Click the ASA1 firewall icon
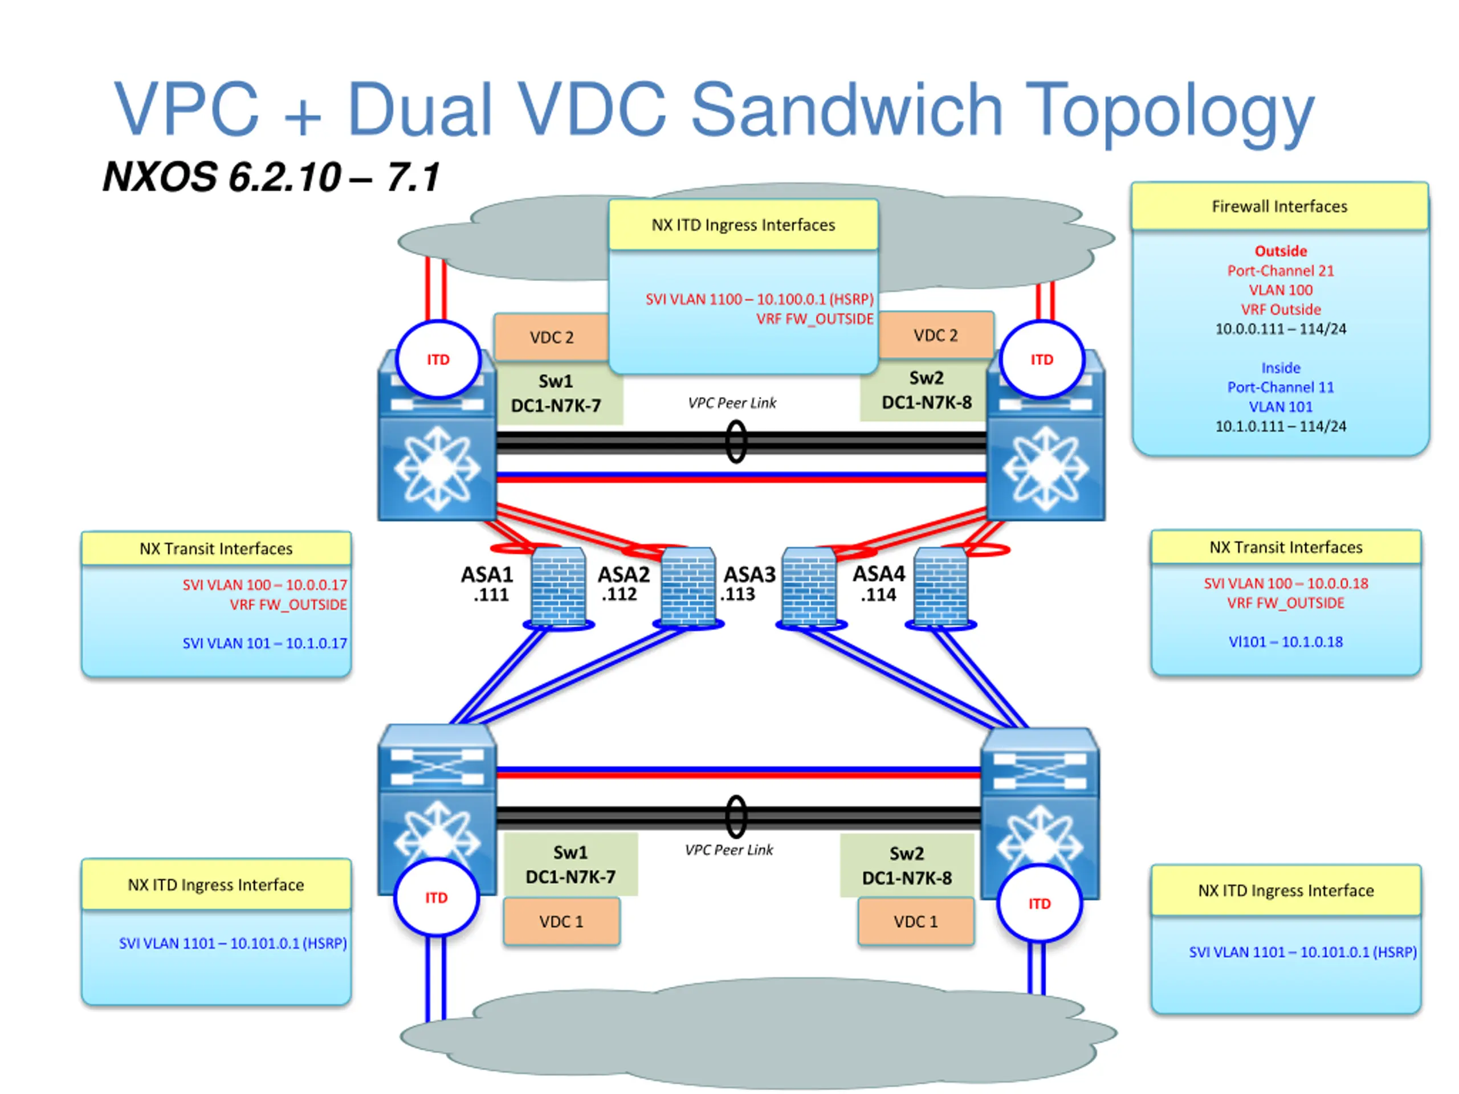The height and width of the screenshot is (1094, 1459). tap(558, 586)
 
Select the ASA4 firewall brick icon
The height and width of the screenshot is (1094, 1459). tap(942, 586)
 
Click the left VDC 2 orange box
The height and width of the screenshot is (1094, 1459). tap(552, 337)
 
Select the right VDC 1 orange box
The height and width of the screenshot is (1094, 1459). tap(915, 921)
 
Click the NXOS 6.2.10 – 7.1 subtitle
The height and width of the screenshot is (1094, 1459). tap(271, 177)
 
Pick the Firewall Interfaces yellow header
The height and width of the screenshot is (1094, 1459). tap(1279, 206)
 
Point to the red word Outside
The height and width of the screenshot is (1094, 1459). tap(1280, 251)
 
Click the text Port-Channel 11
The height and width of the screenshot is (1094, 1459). tap(1280, 387)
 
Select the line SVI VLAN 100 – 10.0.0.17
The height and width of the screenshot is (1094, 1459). tap(264, 585)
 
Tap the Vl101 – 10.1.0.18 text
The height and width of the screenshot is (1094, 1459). tap(1286, 642)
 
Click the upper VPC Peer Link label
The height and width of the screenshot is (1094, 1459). tap(732, 403)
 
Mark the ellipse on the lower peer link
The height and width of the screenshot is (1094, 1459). tap(736, 817)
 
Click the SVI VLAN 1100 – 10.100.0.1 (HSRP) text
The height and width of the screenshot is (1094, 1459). tap(759, 299)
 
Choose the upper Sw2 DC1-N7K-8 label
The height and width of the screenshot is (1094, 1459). tap(926, 390)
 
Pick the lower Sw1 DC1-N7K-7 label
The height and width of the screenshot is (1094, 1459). tap(570, 864)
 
